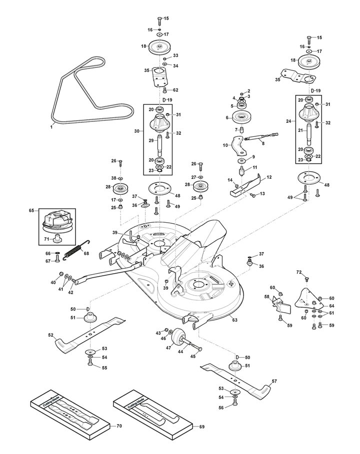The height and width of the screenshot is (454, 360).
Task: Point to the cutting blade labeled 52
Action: [x=90, y=335]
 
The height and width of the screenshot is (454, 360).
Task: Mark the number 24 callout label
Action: [x=288, y=121]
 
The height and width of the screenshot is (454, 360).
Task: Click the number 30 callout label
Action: [x=137, y=131]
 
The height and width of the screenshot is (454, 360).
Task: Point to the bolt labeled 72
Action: [x=307, y=279]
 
